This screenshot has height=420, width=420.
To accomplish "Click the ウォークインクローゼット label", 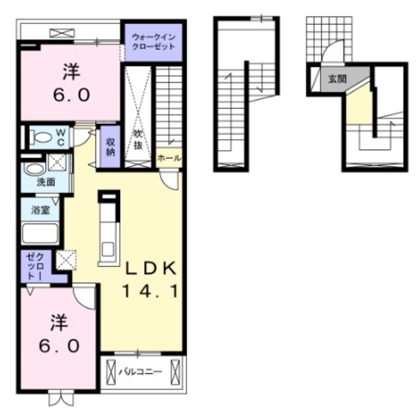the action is point(154,41).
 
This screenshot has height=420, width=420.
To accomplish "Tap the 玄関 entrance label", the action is point(337,79).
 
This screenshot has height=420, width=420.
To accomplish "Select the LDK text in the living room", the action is point(152,268).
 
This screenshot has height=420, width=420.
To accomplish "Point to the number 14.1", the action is point(150,291).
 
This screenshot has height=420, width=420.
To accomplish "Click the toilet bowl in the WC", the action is point(41,137).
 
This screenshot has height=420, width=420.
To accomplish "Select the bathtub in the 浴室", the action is point(40,234).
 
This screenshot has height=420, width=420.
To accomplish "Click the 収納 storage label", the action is point(110,146).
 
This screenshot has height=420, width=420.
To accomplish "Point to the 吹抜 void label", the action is point(138,140).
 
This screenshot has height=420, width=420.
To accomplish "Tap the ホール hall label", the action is point(169,158).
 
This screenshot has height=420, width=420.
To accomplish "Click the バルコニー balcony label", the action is point(140,372).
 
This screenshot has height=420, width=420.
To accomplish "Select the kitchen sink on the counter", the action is point(108,249).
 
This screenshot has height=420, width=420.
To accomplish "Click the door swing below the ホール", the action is point(169,181).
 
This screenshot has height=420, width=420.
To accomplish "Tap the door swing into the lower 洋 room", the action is point(85,298).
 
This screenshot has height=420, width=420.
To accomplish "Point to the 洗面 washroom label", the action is point(46,182).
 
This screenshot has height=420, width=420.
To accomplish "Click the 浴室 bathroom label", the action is point(41,210).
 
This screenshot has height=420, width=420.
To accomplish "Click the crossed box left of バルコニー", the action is point(111,372).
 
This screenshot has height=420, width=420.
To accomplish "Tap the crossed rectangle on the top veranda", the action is point(62,33).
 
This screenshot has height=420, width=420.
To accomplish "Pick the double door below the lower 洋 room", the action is point(61,398).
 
